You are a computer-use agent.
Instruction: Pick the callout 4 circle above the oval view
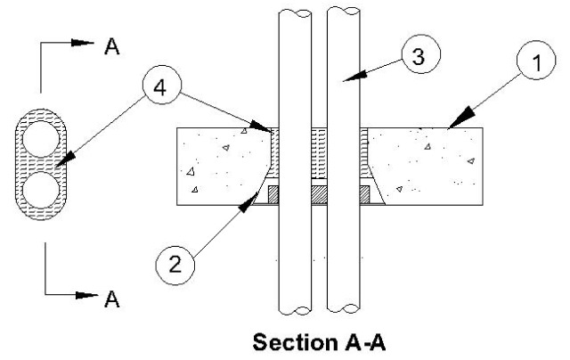pyautogui.click(x=161, y=90)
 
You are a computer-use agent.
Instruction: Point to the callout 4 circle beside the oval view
pyautogui.click(x=161, y=90)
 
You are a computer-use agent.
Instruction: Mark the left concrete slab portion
pyautogui.click(x=218, y=165)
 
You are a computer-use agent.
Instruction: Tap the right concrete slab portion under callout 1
pyautogui.click(x=427, y=165)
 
